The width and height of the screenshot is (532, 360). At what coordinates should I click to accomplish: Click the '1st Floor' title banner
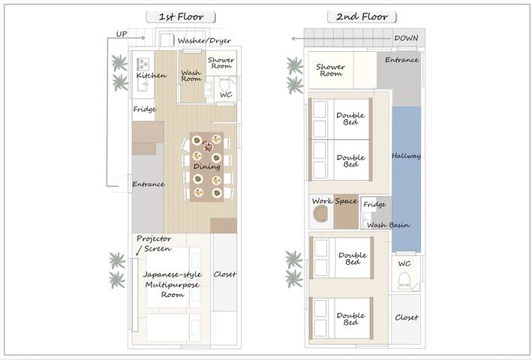pos(181,16)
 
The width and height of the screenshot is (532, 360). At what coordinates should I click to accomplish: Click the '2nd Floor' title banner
pos(362,16)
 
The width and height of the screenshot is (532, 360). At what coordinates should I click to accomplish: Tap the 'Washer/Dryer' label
pos(204,40)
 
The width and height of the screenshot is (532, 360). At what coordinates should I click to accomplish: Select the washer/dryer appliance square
pos(167,40)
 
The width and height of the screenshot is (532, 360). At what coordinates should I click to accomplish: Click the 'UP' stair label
pos(122,34)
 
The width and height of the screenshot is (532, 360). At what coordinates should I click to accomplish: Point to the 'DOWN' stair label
pos(406,38)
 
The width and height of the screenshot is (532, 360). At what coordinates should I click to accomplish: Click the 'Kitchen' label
pos(152,75)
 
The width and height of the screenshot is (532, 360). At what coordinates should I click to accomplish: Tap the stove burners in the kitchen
pos(143,64)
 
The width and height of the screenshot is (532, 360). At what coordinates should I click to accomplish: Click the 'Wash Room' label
pos(191,76)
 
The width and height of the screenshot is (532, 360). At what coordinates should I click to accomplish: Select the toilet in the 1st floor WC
pos(224,84)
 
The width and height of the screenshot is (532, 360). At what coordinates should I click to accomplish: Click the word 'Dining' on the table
pos(206,166)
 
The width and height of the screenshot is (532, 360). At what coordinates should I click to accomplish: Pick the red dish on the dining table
pos(208,147)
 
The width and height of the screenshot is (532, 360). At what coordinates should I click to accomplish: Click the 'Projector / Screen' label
pos(154,244)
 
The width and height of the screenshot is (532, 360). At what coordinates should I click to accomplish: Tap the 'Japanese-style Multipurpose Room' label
pos(173,284)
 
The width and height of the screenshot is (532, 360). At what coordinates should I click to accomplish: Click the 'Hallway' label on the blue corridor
pos(406,156)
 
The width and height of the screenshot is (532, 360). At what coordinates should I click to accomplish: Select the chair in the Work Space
pos(320,214)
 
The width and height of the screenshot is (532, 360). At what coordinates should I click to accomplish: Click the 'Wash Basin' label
pos(388,225)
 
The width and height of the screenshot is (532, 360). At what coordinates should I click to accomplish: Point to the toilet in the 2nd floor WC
pos(404,280)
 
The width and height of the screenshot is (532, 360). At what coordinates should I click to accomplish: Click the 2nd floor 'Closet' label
pos(407,318)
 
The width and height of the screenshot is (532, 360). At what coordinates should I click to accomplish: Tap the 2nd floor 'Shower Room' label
pos(330,70)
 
